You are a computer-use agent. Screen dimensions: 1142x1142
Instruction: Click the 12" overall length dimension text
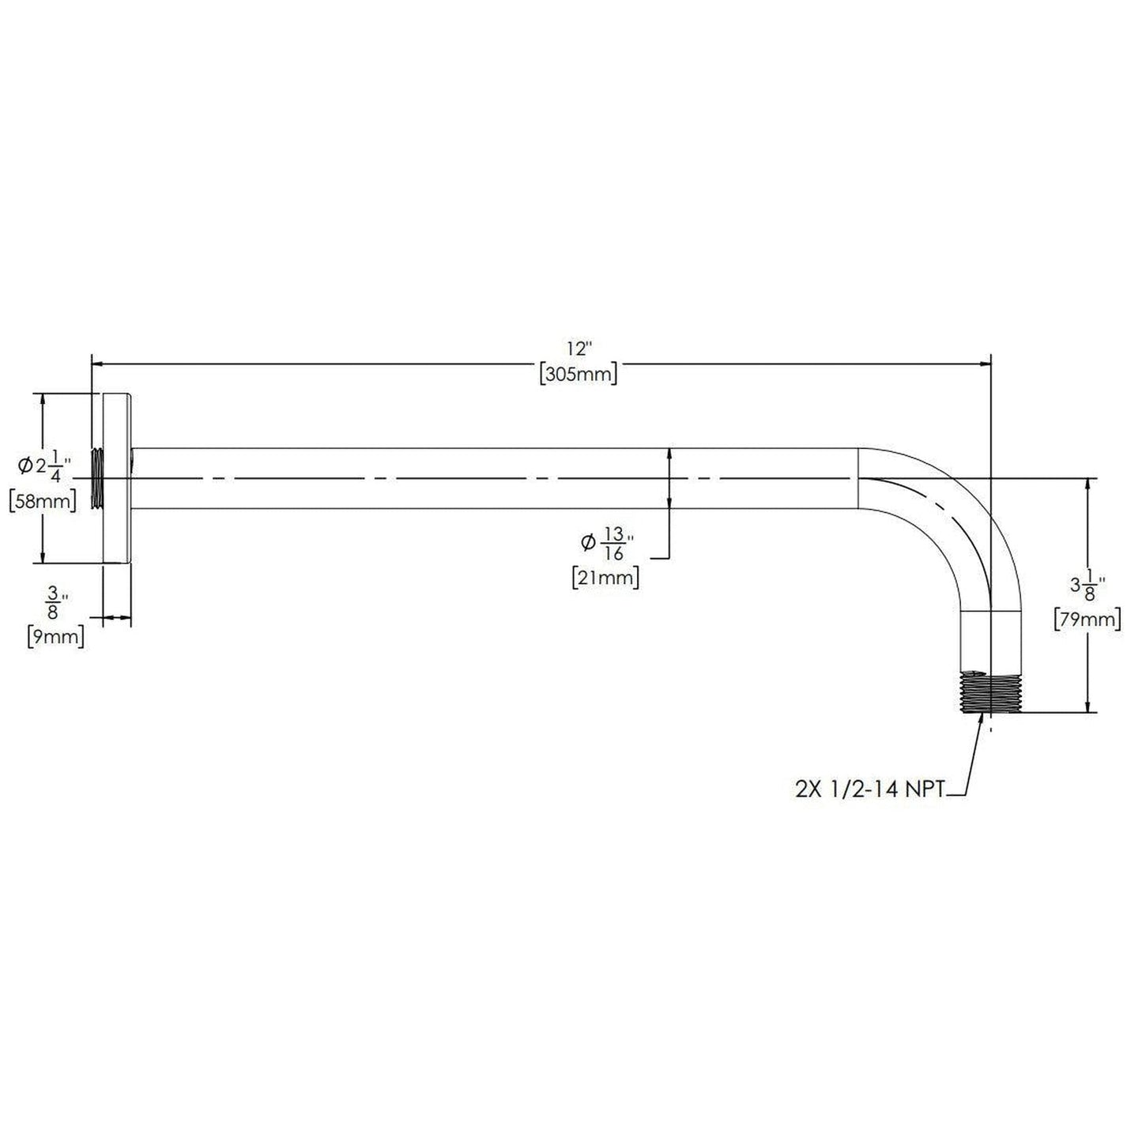(x=579, y=349)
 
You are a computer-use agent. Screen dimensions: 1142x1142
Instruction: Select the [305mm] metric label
(x=579, y=374)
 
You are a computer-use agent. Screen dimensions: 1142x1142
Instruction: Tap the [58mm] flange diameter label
(x=43, y=501)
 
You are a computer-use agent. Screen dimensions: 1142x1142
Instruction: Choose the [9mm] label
(x=55, y=635)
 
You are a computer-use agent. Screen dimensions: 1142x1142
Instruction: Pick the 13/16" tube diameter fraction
(x=616, y=543)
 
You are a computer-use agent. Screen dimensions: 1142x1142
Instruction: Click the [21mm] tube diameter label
(x=605, y=578)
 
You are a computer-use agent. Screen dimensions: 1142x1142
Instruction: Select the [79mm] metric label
(x=1087, y=620)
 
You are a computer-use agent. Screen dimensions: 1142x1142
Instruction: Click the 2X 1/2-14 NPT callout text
(x=869, y=790)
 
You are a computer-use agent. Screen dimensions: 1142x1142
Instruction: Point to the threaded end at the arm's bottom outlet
(x=988, y=692)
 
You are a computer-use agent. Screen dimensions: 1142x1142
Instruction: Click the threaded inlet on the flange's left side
(x=97, y=478)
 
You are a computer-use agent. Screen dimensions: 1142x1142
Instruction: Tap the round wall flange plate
(x=117, y=478)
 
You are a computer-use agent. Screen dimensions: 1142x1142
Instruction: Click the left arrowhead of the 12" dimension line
(x=100, y=364)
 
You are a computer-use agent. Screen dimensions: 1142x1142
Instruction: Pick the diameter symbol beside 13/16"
(x=587, y=542)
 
